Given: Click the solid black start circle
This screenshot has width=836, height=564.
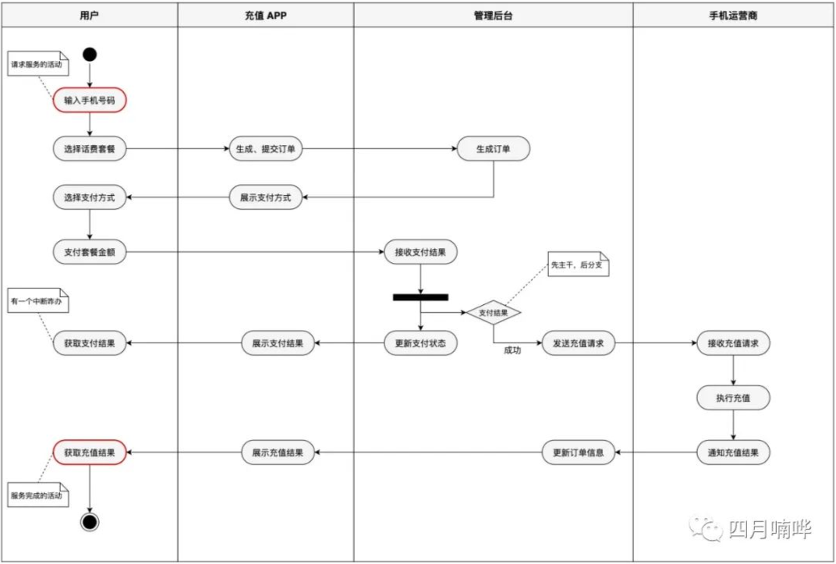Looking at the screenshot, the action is click(x=90, y=55).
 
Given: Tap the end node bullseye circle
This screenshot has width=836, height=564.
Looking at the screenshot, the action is click(x=90, y=522).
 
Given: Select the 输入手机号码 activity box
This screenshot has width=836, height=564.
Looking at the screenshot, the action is click(x=90, y=100).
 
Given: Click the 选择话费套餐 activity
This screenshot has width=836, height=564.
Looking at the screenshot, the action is click(x=90, y=149).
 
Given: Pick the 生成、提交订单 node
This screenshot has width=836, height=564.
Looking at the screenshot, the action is click(x=265, y=149).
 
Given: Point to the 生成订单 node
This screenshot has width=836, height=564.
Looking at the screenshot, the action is click(x=493, y=149).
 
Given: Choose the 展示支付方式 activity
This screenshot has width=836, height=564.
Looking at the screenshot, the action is click(x=265, y=197).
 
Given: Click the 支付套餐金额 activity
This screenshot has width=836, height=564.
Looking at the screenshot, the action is click(x=90, y=252).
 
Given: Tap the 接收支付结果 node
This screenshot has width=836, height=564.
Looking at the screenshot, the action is click(x=420, y=252).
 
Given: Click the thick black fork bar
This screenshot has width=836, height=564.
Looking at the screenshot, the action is click(x=420, y=297).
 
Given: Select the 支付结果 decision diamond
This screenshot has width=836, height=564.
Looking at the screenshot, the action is click(x=493, y=313).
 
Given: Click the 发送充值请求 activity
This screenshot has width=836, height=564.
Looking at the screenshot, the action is click(x=579, y=343).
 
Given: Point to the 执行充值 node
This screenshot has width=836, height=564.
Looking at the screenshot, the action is click(x=733, y=398).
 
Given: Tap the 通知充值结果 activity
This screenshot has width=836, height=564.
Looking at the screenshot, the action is click(x=733, y=452).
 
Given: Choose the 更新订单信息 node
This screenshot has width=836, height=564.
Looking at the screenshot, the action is click(x=579, y=452).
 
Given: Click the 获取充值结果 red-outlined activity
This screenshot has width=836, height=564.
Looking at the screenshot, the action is click(x=90, y=452).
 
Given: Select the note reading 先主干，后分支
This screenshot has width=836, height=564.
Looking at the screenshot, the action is click(x=579, y=264).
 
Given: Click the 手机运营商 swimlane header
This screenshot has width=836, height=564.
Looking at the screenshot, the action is click(x=733, y=16).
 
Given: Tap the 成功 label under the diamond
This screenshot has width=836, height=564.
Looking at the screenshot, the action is click(x=512, y=350).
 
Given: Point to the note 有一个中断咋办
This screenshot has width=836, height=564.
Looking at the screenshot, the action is click(x=38, y=300).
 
